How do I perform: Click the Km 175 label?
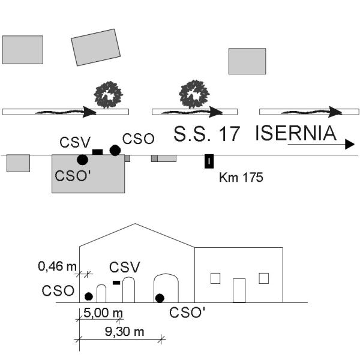click(x=241, y=178)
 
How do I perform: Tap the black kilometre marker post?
click(x=209, y=161)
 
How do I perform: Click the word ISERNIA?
click(x=296, y=133)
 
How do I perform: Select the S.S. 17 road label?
click(x=206, y=134)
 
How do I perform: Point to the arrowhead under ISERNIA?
click(x=350, y=144)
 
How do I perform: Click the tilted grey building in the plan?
click(x=96, y=47)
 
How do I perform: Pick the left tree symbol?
click(x=109, y=95)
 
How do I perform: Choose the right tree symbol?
click(x=194, y=94)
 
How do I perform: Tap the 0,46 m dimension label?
click(x=57, y=266)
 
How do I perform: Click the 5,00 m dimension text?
click(x=103, y=313)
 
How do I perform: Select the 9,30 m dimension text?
click(x=124, y=332)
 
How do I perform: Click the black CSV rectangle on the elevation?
click(x=116, y=283)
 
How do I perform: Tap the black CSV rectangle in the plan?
click(x=97, y=152)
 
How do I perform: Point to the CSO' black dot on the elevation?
click(x=160, y=298)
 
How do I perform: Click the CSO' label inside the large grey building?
click(x=73, y=176)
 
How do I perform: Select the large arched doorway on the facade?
click(x=166, y=274)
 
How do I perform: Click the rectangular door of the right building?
click(x=239, y=290)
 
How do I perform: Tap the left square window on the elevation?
click(x=215, y=278)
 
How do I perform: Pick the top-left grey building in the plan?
click(x=23, y=50)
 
